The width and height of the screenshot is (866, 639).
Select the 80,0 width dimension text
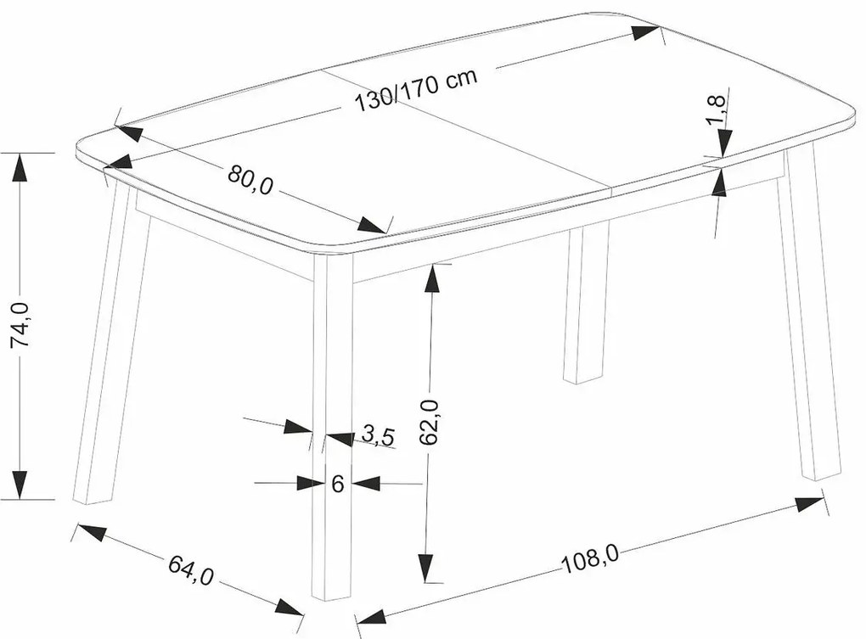250,180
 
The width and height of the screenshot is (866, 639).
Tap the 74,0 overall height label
21,325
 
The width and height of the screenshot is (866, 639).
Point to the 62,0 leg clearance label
429,422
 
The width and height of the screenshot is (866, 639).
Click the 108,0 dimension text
590,559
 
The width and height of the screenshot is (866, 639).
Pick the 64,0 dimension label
190,569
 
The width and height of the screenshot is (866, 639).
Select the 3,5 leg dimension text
379,435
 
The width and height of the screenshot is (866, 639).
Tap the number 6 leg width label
338,484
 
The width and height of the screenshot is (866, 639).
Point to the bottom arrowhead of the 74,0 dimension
20,485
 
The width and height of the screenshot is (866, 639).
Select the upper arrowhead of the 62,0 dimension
433,279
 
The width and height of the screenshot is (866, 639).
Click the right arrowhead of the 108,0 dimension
809,503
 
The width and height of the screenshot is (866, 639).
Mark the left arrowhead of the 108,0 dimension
371,616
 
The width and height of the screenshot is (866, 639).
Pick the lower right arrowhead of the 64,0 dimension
289,607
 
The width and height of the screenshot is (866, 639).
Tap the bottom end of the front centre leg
332,597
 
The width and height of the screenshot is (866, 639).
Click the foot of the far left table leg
93,501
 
